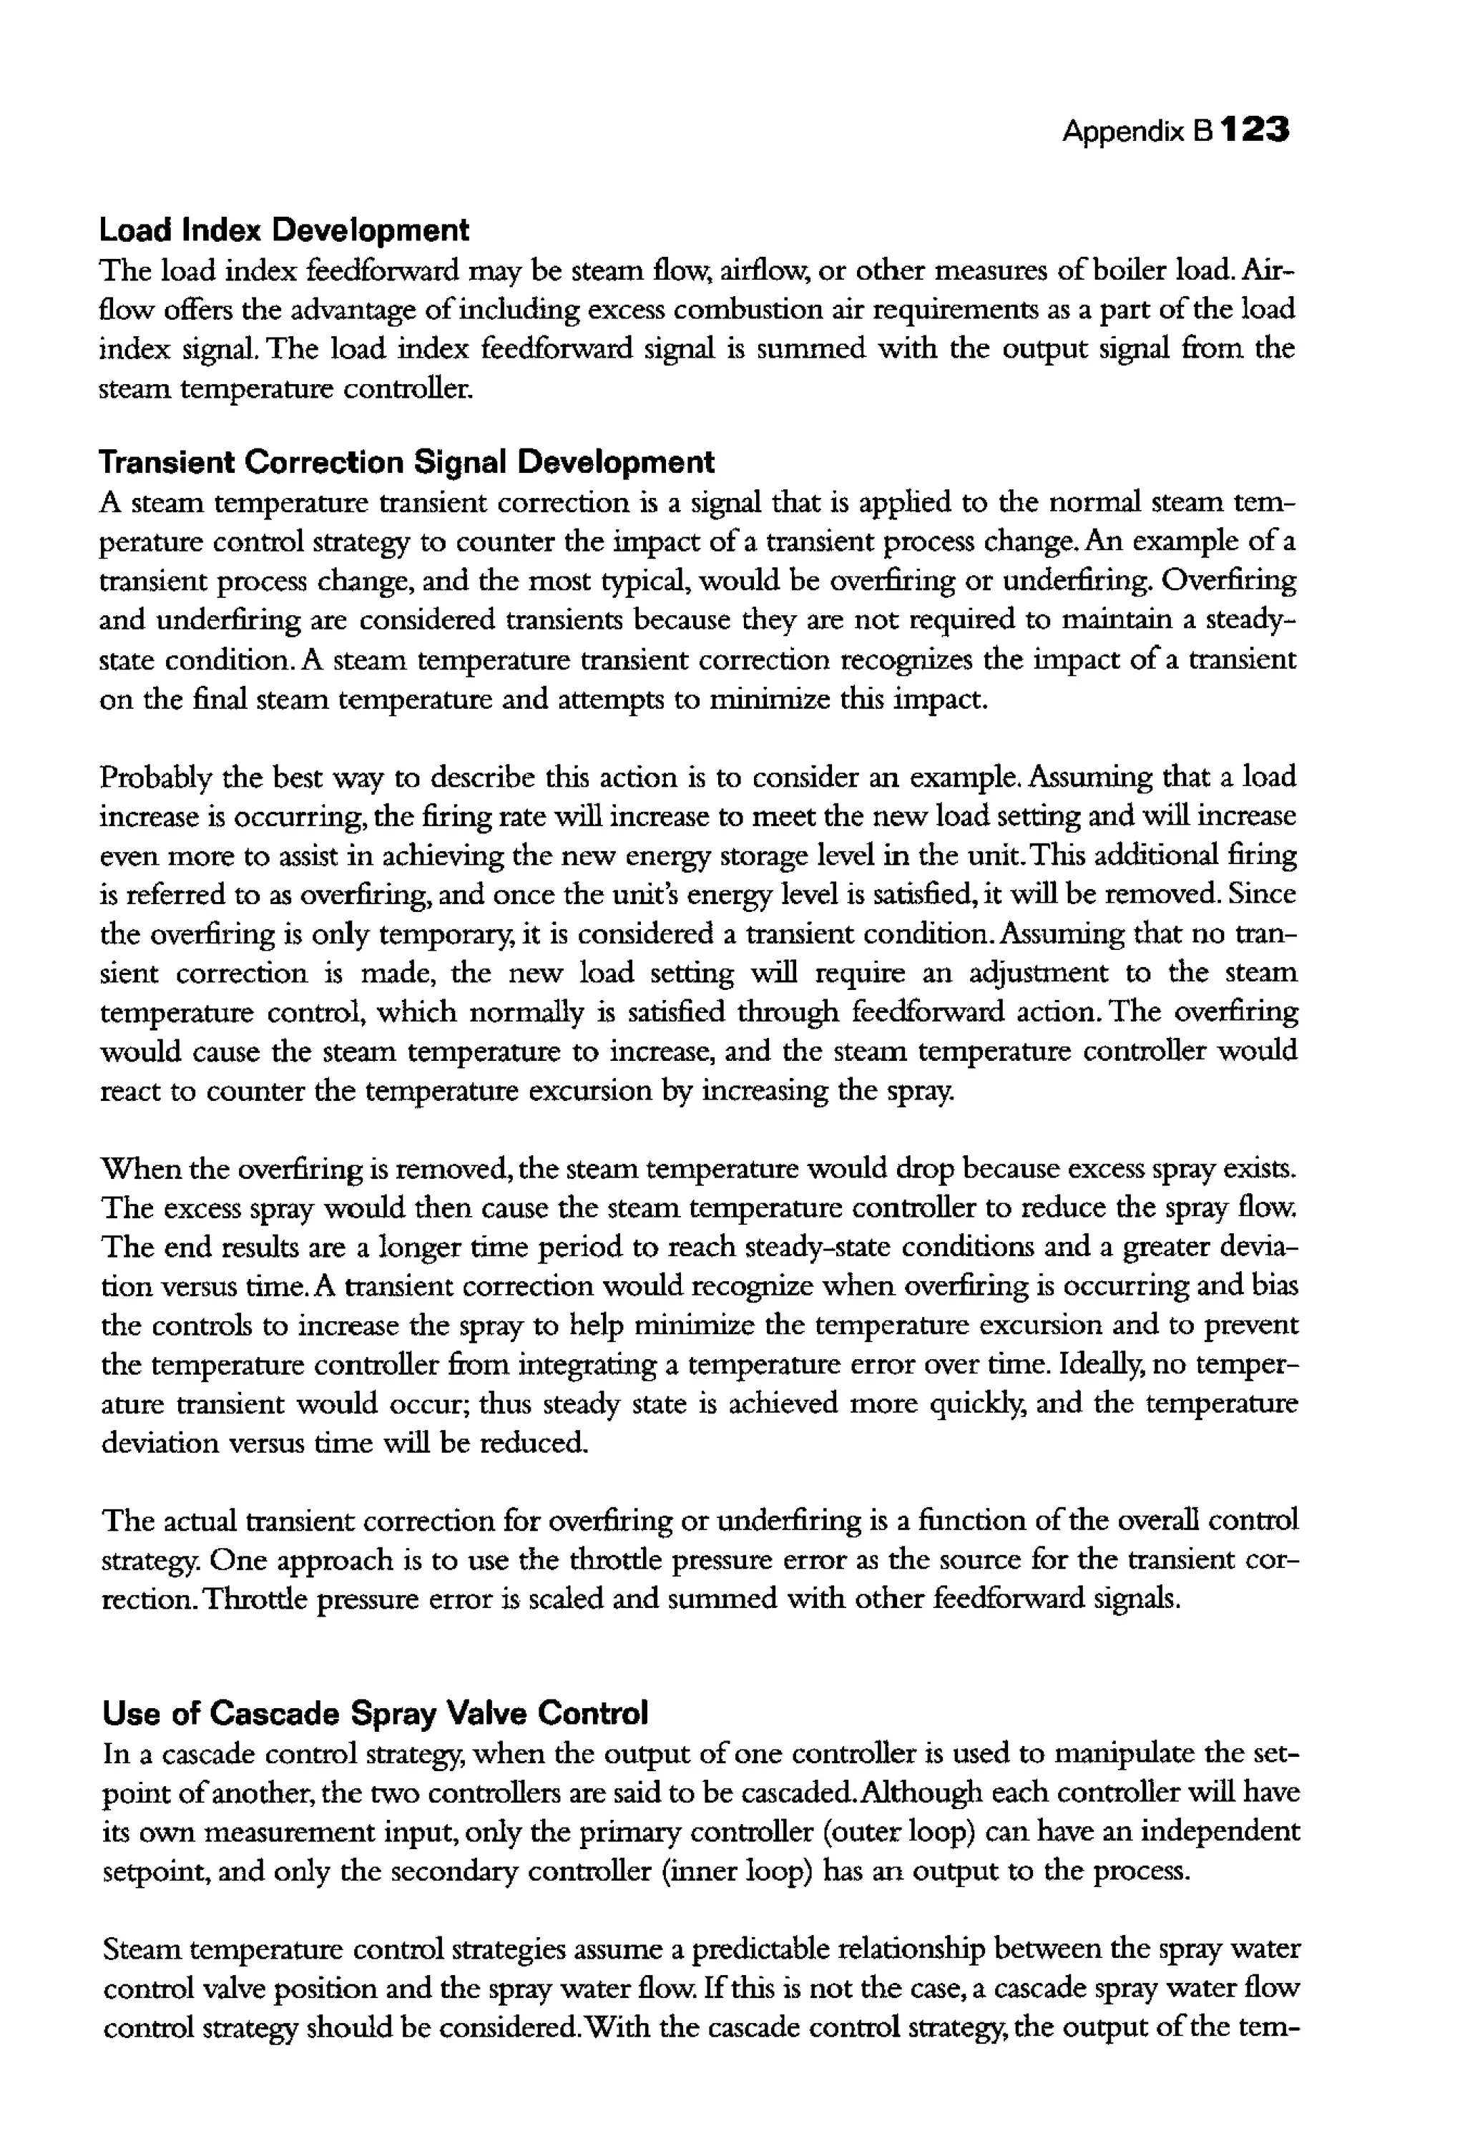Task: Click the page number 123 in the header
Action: [x=1254, y=130]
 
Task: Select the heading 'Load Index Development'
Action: [x=284, y=230]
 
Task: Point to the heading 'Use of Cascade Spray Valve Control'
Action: [x=375, y=1713]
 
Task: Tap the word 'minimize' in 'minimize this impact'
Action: [x=766, y=700]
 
